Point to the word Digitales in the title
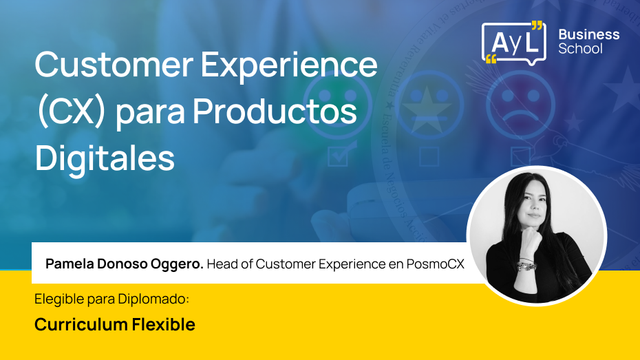click(105, 158)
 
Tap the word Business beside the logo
click(588, 34)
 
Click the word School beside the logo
click(580, 50)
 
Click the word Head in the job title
click(222, 264)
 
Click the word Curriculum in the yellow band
click(72, 325)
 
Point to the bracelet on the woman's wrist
click(526, 264)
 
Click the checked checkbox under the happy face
click(338, 156)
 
